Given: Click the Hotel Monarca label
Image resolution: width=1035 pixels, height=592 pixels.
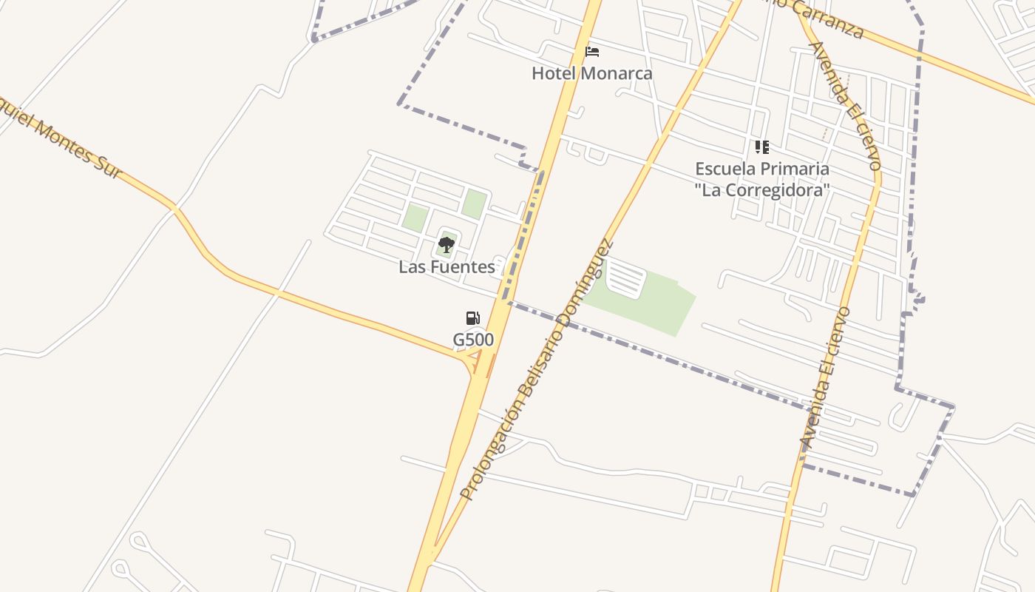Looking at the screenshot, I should pos(591,73).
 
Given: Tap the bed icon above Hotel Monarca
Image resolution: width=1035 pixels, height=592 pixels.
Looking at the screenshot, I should pos(591,52).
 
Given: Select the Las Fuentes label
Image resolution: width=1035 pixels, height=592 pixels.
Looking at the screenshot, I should pos(447,267).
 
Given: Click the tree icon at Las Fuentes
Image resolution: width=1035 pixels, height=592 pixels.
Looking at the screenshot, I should pos(446,244).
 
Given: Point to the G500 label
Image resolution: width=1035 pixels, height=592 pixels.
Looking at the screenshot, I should pos(473,340).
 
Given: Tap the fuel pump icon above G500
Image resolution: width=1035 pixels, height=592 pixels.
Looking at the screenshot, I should pos(473,318).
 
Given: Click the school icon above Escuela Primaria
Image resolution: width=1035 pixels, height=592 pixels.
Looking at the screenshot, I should pos(762,147).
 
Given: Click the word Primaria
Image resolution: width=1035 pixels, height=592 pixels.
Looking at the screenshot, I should pos(793,169).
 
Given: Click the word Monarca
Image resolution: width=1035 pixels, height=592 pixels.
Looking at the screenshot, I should pos(617,73).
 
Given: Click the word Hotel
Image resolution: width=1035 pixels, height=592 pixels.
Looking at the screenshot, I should pos(554,73).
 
